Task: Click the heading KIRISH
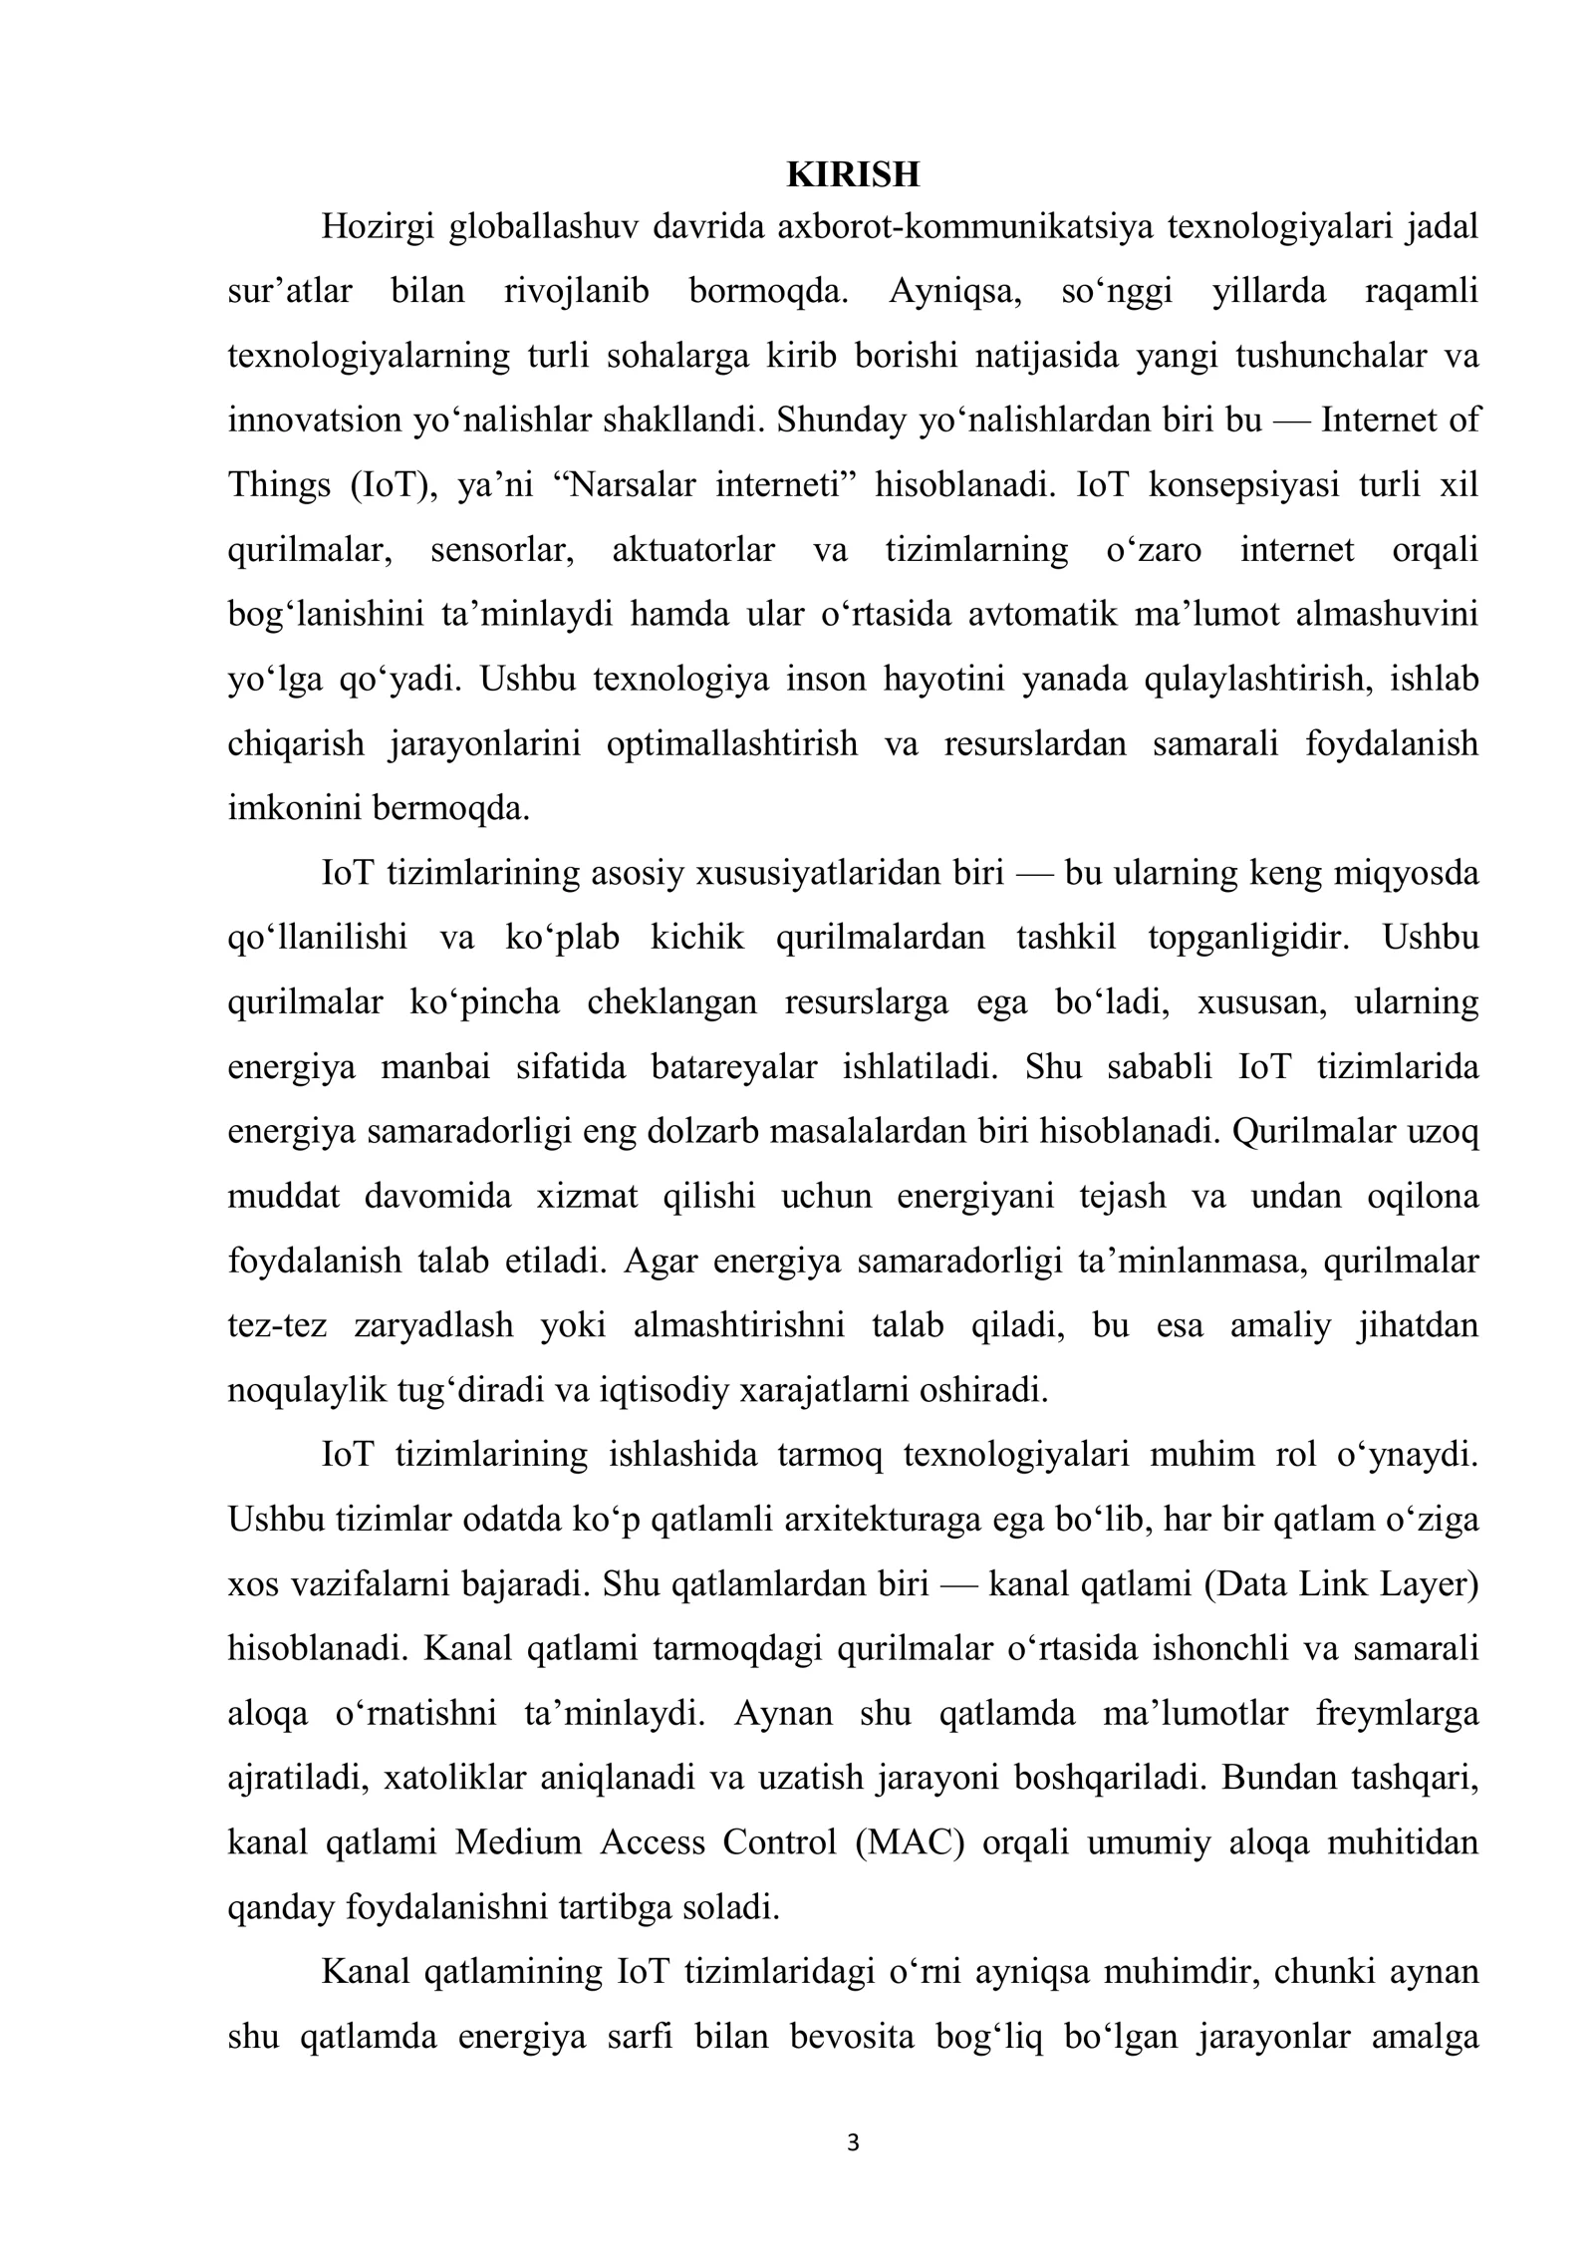click(x=853, y=174)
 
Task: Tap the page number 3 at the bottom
click(x=852, y=2143)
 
